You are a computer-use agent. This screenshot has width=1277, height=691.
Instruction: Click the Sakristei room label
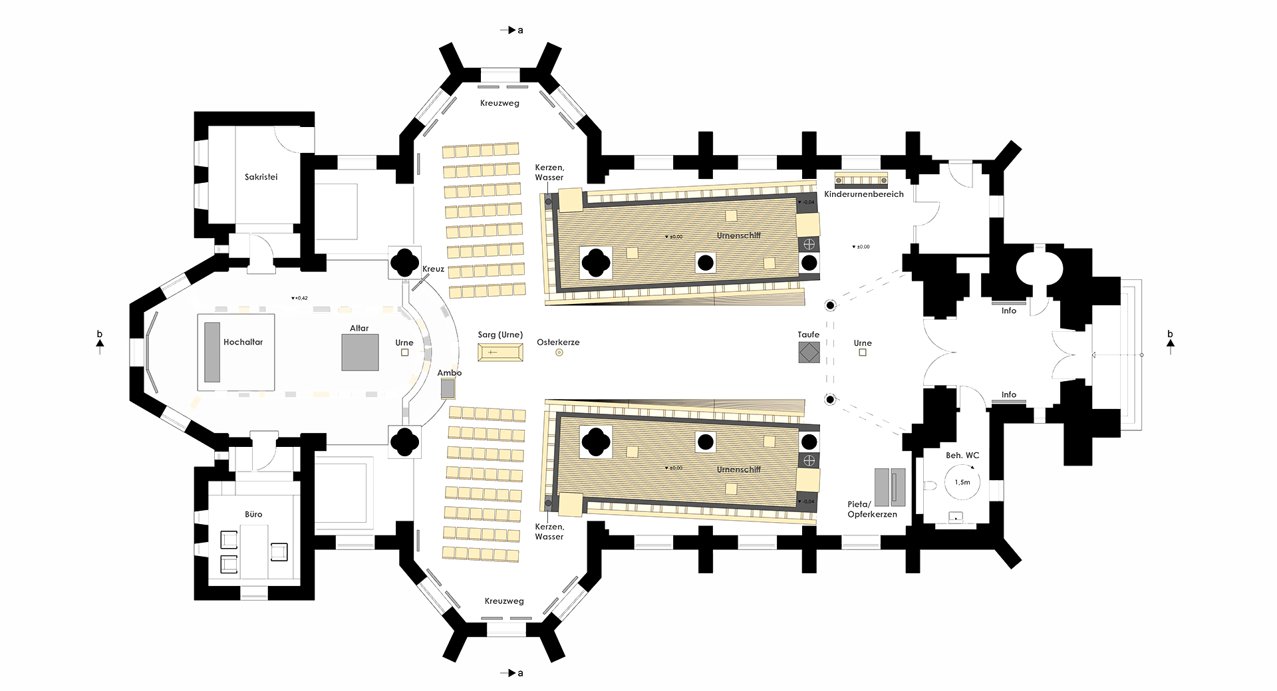click(261, 177)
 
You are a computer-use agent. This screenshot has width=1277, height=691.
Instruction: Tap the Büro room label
click(253, 514)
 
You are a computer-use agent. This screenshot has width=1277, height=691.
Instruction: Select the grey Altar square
click(360, 352)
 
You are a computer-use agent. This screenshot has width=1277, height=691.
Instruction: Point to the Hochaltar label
click(243, 342)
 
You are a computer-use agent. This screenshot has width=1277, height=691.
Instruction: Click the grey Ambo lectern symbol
click(448, 388)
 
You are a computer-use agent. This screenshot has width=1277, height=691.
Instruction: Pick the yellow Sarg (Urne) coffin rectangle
click(500, 352)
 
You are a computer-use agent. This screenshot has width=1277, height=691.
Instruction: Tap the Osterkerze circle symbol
click(559, 352)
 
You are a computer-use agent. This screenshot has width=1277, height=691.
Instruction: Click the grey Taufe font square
click(809, 352)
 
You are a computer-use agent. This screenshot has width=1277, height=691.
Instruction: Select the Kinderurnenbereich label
click(863, 194)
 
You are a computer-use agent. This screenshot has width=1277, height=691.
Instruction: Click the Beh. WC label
click(962, 456)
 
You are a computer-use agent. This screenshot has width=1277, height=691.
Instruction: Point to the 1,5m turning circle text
click(962, 482)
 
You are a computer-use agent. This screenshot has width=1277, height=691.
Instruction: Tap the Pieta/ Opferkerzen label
click(872, 509)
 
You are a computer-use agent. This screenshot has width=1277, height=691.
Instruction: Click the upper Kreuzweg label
click(499, 103)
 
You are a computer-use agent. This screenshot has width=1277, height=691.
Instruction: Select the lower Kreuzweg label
click(504, 601)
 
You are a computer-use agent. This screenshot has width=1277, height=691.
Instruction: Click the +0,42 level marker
click(299, 298)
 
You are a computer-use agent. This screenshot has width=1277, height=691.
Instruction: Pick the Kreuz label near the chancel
click(433, 269)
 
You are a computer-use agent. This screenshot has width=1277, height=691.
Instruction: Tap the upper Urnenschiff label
click(738, 235)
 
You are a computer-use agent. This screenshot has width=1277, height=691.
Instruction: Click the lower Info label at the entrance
click(1009, 394)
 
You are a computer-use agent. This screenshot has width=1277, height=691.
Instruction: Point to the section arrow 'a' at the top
click(511, 30)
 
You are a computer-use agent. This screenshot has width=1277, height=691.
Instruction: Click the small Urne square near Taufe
click(863, 352)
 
